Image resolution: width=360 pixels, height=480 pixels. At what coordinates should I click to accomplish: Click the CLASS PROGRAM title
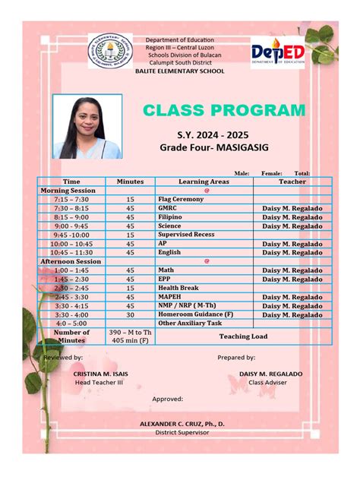click(224, 111)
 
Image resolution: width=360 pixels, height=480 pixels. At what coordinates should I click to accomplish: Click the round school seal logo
click(110, 51)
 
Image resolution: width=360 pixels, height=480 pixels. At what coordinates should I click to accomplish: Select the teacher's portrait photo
click(87, 127)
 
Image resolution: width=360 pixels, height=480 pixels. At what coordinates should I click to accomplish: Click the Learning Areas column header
click(204, 182)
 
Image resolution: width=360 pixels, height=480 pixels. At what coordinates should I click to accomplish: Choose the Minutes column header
click(130, 182)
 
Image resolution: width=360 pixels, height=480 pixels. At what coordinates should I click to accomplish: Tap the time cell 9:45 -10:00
click(71, 235)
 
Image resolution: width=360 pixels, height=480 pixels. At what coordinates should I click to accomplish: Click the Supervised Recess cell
click(186, 235)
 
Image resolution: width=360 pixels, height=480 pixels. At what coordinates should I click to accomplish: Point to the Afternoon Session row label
click(71, 261)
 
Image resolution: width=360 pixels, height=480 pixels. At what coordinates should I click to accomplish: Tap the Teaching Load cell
click(243, 336)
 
